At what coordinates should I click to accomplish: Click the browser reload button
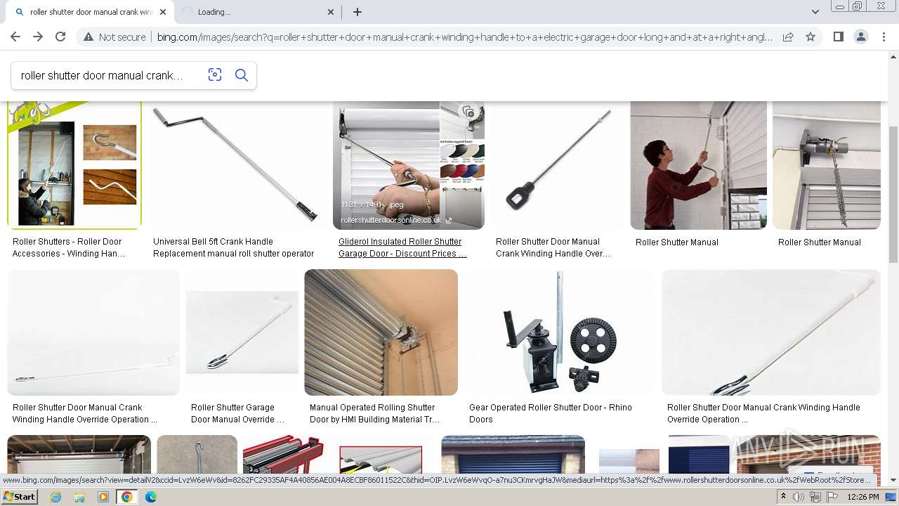60,37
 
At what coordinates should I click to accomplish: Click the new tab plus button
357,12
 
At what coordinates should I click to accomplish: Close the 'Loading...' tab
332,12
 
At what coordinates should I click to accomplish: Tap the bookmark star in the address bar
811,37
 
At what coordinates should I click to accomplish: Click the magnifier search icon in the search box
242,75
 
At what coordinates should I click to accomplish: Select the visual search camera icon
215,75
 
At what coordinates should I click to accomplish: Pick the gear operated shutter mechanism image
559,332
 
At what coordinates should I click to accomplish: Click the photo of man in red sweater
698,165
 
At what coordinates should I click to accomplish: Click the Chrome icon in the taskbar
127,497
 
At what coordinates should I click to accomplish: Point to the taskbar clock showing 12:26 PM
863,497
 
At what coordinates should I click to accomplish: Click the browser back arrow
15,37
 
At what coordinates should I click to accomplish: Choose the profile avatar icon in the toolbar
860,37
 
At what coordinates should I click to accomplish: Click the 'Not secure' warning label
114,37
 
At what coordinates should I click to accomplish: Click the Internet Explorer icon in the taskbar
56,497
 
